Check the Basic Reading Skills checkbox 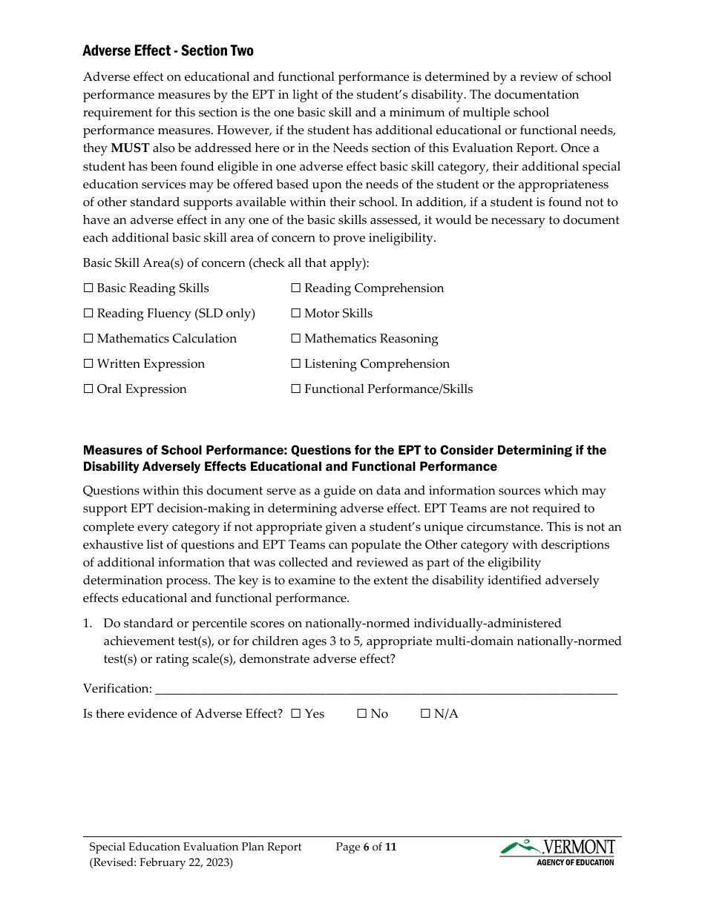(x=88, y=288)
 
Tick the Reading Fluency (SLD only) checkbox (x=88, y=314)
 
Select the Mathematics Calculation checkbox (x=88, y=339)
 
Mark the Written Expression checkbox (x=88, y=364)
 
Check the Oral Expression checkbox (x=88, y=389)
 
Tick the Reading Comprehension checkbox (x=295, y=288)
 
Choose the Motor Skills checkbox (x=295, y=314)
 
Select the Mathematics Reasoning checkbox (x=295, y=339)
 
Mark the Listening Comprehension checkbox (x=295, y=364)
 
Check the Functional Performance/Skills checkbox (x=295, y=389)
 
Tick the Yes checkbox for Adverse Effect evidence (x=295, y=714)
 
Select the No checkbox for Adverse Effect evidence (x=362, y=714)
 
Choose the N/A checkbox (x=425, y=714)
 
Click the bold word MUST (x=130, y=148)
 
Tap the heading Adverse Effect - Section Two (x=168, y=51)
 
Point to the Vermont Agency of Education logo (x=558, y=852)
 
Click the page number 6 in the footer (x=367, y=847)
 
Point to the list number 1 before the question (x=87, y=624)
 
